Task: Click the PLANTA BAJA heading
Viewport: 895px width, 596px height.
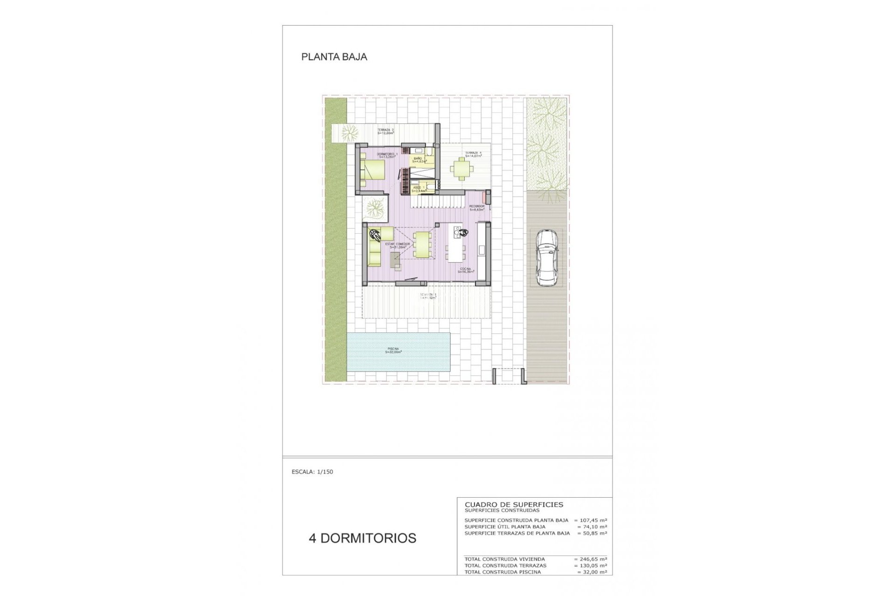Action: click(334, 57)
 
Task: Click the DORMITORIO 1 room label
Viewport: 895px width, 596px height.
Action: click(387, 155)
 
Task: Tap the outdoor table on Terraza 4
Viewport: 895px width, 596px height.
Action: click(461, 169)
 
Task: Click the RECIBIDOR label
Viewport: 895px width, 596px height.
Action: click(477, 208)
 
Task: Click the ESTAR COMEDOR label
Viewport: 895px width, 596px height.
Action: click(398, 245)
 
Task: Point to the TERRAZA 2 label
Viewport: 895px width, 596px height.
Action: click(386, 131)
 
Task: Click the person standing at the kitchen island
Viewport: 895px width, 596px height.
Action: click(462, 232)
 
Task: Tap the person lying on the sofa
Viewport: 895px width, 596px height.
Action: click(374, 235)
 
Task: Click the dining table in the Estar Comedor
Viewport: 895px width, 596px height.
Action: click(422, 244)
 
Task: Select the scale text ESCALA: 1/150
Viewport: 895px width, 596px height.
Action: click(312, 472)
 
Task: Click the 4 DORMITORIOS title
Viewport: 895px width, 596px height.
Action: click(362, 538)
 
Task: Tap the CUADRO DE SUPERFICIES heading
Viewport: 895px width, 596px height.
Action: click(514, 504)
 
